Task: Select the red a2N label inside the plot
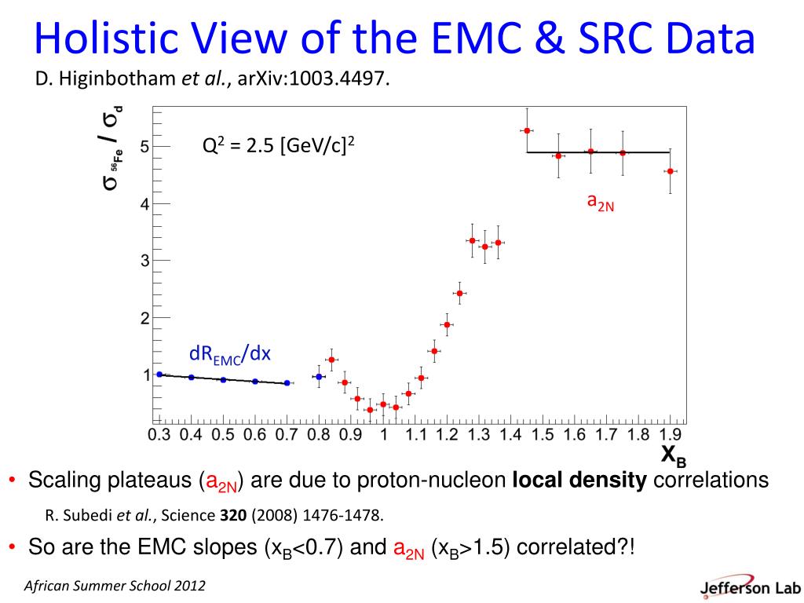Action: click(x=601, y=203)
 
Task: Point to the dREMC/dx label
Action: click(x=229, y=355)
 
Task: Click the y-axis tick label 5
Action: click(x=144, y=146)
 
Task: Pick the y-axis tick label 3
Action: click(x=144, y=261)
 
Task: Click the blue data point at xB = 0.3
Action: click(x=159, y=375)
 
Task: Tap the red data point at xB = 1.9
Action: click(x=670, y=171)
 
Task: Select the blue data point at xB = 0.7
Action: click(x=287, y=383)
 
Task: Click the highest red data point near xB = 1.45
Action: click(x=527, y=130)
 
